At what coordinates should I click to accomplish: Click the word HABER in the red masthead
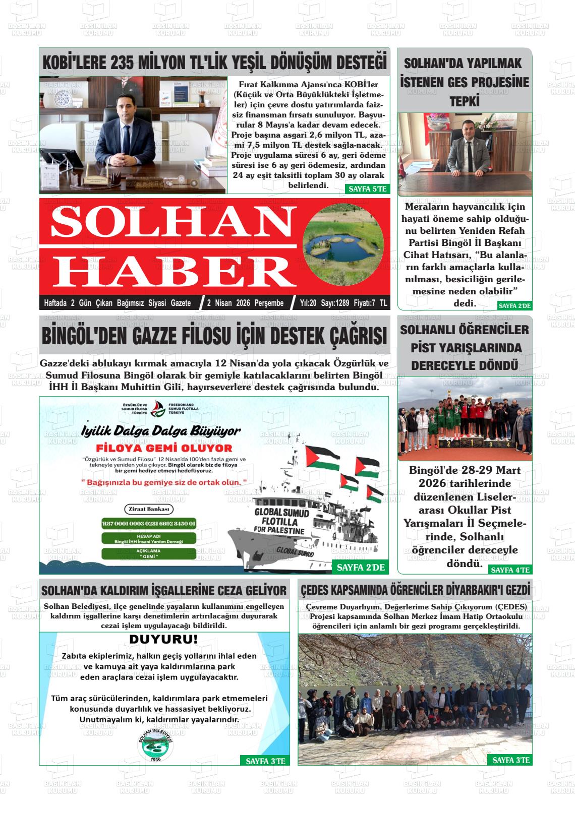174,271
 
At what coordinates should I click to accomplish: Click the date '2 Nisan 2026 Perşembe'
245,303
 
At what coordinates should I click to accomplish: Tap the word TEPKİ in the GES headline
464,101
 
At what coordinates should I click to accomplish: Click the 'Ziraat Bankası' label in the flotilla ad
148,509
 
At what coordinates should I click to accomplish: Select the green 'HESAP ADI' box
148,538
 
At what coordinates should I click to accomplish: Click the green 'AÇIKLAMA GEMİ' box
148,553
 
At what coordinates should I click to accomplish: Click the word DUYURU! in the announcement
163,640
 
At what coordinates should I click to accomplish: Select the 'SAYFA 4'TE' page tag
510,570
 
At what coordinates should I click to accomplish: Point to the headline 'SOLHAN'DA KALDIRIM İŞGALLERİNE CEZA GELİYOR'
164,590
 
